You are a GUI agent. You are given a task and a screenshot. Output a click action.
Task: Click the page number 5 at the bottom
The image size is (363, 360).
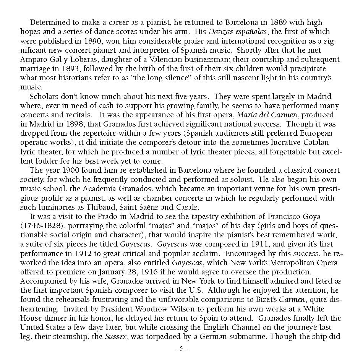click(x=181, y=349)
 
